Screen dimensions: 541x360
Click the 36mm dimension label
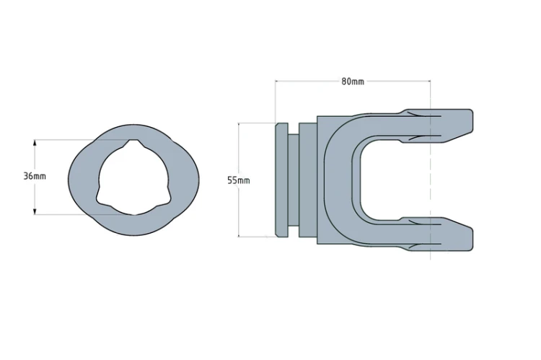point(35,176)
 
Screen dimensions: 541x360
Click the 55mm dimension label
point(239,180)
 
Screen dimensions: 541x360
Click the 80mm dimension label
point(353,82)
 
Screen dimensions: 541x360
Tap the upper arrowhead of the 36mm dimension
point(35,143)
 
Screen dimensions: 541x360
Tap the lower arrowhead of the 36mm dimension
point(35,211)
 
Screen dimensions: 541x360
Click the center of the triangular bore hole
point(134,177)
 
